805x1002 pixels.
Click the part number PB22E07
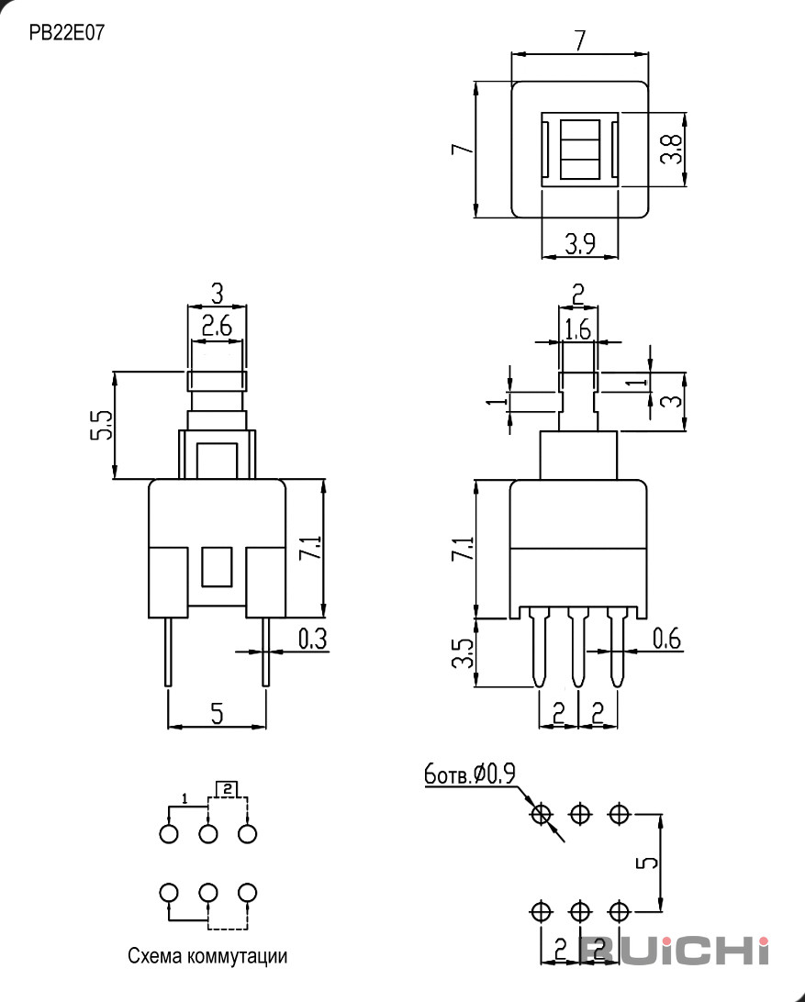point(66,32)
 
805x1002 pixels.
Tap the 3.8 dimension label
point(671,149)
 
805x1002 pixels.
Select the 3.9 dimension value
point(580,243)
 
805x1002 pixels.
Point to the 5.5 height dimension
point(101,424)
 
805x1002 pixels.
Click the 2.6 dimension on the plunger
point(217,327)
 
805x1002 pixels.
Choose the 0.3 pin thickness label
point(313,639)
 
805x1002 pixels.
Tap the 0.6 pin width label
point(667,638)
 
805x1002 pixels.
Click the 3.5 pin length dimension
point(463,653)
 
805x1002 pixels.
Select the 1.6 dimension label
point(578,329)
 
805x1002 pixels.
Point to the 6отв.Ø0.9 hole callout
point(470,774)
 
